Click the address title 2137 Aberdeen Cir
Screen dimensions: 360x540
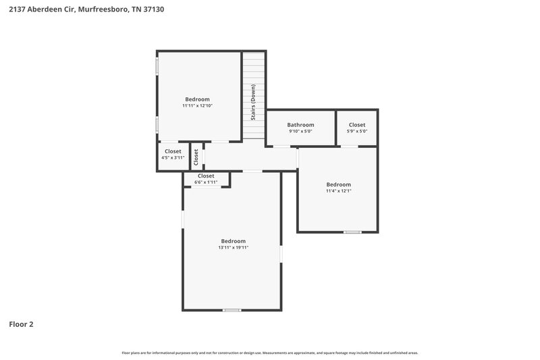(x=86, y=10)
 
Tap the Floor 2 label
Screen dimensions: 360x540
(x=21, y=324)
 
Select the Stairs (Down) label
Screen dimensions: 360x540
(x=253, y=101)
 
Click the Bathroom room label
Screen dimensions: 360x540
(x=300, y=125)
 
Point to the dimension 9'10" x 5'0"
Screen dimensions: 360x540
(x=300, y=132)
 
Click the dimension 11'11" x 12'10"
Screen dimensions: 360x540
(x=197, y=106)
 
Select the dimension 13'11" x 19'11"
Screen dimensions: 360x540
(x=234, y=248)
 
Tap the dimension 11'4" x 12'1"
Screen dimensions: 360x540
(x=339, y=191)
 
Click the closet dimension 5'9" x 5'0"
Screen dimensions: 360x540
(x=357, y=132)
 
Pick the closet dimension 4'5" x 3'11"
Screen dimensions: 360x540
(x=173, y=157)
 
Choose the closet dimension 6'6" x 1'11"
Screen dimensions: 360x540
(x=206, y=182)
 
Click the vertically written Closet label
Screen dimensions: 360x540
(x=196, y=157)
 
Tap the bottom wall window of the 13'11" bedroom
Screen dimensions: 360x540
(x=232, y=310)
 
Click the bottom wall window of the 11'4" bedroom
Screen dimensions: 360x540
(x=352, y=232)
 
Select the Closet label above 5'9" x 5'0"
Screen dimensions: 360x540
(x=357, y=125)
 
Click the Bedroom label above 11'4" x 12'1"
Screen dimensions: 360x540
(x=339, y=184)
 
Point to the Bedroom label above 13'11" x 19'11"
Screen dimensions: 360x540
(x=234, y=241)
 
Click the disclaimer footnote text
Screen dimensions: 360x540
(x=270, y=353)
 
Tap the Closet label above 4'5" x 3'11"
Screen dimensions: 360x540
(x=173, y=151)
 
